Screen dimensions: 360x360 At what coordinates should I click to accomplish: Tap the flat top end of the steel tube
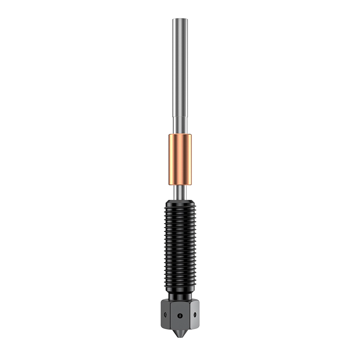click(x=180, y=19)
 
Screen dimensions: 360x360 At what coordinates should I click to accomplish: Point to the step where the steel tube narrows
click(x=180, y=116)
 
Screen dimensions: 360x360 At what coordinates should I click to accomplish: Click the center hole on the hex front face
click(x=180, y=315)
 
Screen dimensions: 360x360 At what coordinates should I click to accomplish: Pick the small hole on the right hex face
click(x=195, y=314)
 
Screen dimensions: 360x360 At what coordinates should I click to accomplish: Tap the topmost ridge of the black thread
click(x=180, y=204)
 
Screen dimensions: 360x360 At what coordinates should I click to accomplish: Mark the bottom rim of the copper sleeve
click(x=180, y=184)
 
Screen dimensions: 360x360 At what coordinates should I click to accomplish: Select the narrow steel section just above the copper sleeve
click(x=180, y=125)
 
